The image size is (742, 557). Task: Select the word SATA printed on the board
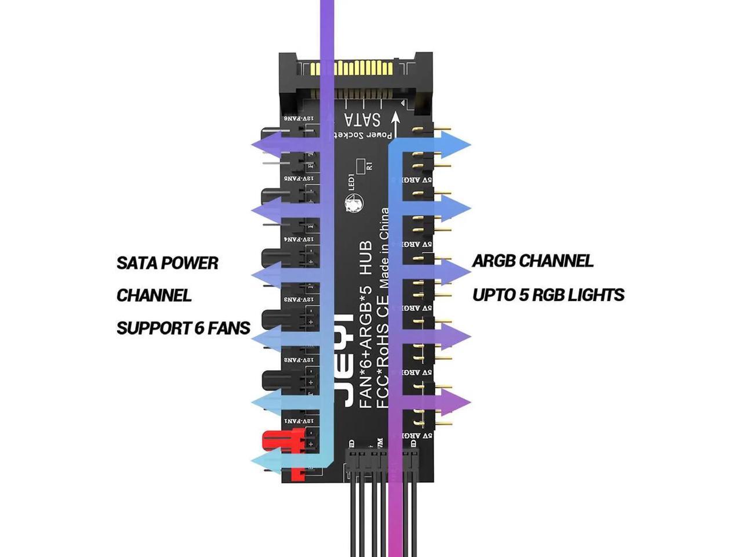tap(362, 120)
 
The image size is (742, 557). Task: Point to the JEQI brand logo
tap(345, 360)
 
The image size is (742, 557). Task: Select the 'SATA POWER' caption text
tap(168, 263)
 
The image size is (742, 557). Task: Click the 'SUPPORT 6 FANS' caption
tap(183, 328)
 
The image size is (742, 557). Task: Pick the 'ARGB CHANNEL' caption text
tap(533, 261)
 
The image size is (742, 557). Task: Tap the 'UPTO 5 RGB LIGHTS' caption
tap(548, 295)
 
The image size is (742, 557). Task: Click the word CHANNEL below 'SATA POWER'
tap(154, 295)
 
